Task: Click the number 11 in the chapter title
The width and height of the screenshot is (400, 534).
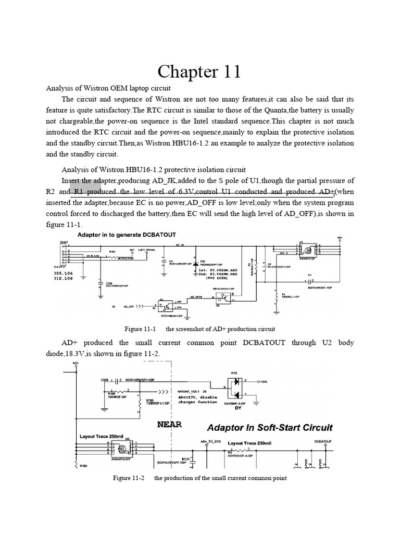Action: (x=228, y=71)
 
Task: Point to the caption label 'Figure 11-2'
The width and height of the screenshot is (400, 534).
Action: (x=129, y=478)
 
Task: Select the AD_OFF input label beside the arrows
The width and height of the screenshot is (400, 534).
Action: (x=128, y=307)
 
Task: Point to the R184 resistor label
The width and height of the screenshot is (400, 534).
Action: (x=83, y=468)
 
